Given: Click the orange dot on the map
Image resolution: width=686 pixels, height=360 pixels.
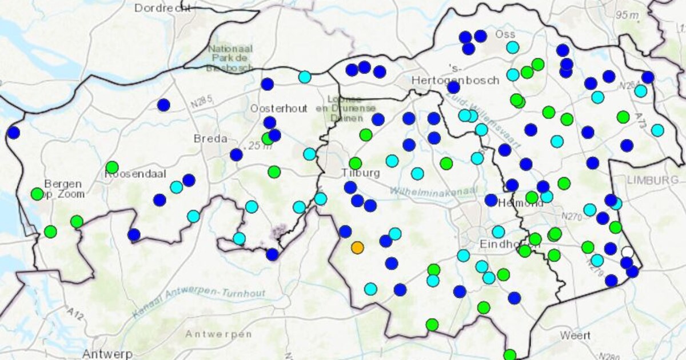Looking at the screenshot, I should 357,247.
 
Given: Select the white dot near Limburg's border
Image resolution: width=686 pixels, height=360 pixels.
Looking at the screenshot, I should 628,252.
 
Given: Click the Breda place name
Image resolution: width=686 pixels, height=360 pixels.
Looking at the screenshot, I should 210,139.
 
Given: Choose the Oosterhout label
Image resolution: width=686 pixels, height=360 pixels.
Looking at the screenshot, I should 278,109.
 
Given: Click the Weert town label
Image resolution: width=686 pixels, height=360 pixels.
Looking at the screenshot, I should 575,335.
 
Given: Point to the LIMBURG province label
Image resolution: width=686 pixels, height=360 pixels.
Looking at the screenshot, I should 652,181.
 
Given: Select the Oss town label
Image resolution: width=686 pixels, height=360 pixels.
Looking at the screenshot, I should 505,34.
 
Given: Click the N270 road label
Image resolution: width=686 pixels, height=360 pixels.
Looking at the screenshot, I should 571,217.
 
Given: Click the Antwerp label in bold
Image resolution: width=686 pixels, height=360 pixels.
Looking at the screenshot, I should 107,353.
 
